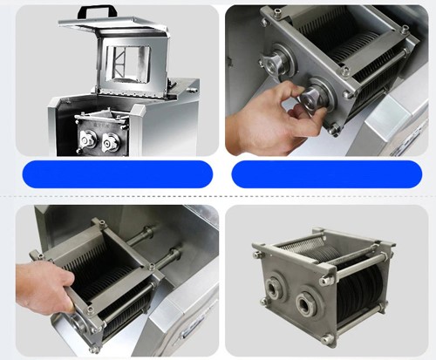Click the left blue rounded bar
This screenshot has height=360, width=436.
pos(117,173)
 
